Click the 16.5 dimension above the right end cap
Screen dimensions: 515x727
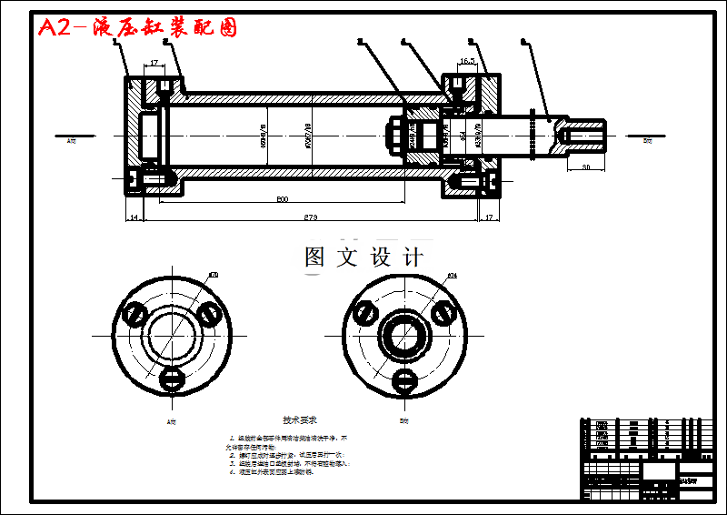468,62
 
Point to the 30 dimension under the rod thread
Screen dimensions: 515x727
586,167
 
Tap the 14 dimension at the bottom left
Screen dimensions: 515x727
134,217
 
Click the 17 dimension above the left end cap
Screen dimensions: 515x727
154,63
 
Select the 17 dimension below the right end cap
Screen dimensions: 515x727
489,217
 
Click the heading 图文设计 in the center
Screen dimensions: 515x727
363,257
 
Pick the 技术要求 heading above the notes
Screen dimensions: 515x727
299,420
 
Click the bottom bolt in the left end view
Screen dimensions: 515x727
172,376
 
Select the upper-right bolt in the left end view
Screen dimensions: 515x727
208,313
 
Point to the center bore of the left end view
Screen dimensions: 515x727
172,333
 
